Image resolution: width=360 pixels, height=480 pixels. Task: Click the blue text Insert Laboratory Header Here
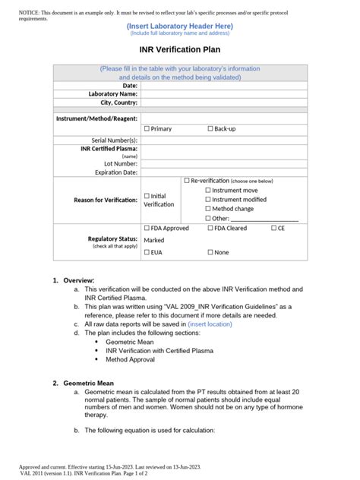tap(180, 26)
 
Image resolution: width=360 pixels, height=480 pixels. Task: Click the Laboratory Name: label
tap(113, 93)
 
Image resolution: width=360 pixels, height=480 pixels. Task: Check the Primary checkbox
tap(147, 129)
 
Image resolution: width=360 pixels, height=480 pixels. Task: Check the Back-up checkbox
tap(210, 129)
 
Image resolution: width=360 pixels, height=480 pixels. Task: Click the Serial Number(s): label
tap(115, 140)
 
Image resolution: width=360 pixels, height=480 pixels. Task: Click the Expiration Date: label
tap(116, 172)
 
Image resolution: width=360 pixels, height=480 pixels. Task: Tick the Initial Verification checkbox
tap(147, 196)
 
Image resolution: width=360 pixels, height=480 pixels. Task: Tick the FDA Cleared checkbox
tap(210, 228)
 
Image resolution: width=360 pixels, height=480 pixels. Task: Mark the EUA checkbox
tap(147, 252)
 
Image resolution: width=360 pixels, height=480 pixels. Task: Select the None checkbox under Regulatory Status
tap(210, 252)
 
